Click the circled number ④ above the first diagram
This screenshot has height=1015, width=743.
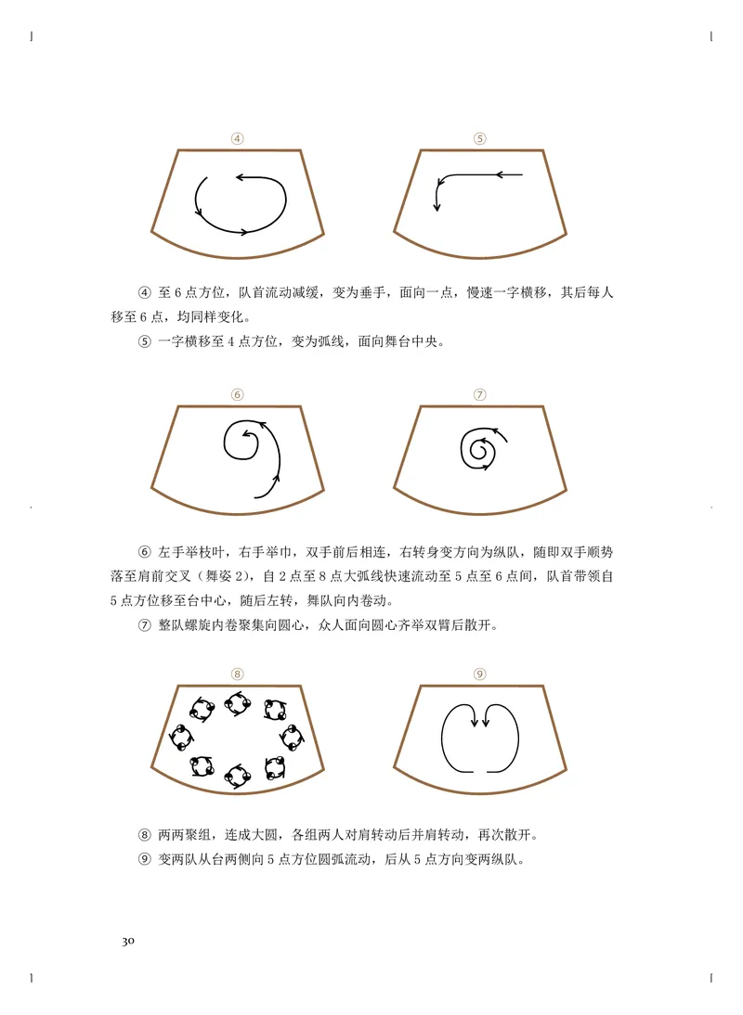point(238,139)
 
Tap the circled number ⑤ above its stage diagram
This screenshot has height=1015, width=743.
point(480,139)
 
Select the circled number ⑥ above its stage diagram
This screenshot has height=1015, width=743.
point(238,394)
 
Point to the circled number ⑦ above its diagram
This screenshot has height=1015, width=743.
point(480,394)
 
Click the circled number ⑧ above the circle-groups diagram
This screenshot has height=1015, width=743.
point(238,674)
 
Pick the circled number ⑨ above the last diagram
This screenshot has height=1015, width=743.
point(480,674)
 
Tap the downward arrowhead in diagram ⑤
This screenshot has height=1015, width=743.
point(437,207)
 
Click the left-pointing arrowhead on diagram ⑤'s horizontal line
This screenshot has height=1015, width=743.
point(500,173)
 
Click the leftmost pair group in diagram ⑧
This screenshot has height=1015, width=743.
point(180,739)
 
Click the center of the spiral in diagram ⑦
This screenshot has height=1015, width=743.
point(480,451)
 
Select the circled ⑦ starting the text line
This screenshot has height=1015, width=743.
point(144,624)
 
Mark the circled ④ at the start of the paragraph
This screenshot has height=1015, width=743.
point(144,292)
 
